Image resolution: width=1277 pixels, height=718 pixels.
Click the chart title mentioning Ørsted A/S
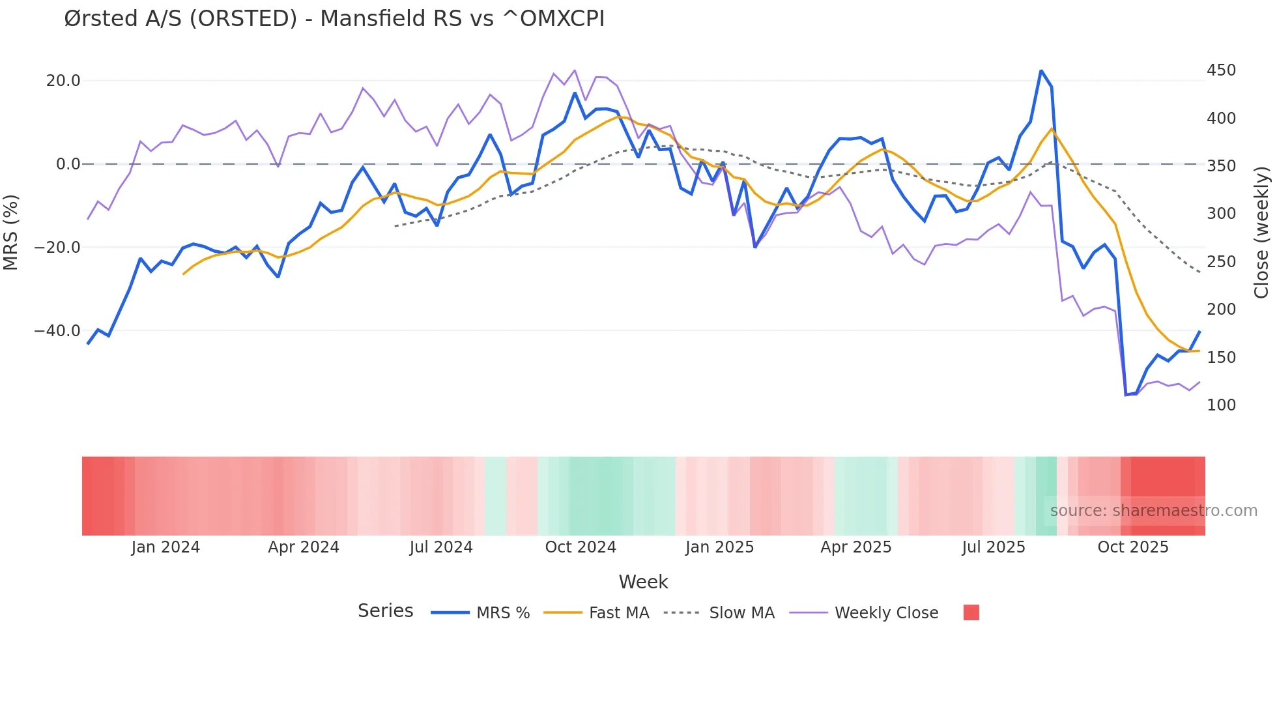(x=334, y=19)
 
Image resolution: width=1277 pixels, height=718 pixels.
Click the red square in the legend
(x=971, y=612)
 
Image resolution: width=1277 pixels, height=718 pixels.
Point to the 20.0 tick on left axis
(x=63, y=81)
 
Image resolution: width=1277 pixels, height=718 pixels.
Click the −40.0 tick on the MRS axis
(x=57, y=331)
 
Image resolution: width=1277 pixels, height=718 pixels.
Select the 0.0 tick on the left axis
(x=68, y=164)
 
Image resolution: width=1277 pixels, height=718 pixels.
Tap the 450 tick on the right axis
(x=1221, y=70)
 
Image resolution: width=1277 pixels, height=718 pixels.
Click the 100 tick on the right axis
(x=1221, y=405)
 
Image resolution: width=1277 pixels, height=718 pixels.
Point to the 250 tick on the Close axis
(x=1221, y=262)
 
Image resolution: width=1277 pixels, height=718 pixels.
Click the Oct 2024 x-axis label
(x=580, y=547)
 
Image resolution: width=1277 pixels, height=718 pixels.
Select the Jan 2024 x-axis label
(x=165, y=547)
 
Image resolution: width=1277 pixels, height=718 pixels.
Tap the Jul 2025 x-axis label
(x=993, y=547)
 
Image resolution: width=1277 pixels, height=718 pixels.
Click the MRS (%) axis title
(x=11, y=232)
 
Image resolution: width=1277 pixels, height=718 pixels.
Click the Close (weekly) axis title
(x=1262, y=232)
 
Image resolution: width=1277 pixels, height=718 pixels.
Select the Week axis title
(x=643, y=582)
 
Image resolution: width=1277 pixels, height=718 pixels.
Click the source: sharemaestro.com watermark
(x=1153, y=511)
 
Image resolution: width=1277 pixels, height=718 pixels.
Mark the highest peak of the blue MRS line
(x=1041, y=71)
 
